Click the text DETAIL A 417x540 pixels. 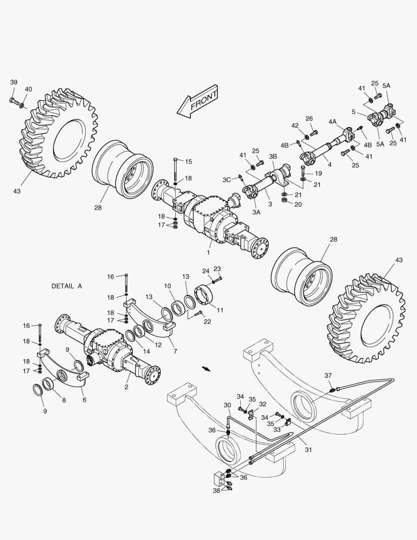66,286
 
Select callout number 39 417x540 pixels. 13,82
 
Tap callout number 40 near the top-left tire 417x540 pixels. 28,89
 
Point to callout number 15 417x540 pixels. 188,161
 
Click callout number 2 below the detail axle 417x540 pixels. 127,387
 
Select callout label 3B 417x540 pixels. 273,156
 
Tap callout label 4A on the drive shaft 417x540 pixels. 332,121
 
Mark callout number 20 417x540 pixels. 298,204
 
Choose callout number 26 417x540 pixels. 309,118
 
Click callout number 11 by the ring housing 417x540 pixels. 220,310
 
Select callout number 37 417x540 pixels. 328,375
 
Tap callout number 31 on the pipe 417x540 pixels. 308,449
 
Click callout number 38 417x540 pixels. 216,491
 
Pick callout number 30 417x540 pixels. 227,405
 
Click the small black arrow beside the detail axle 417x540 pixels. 206,369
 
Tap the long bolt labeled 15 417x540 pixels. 175,170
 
